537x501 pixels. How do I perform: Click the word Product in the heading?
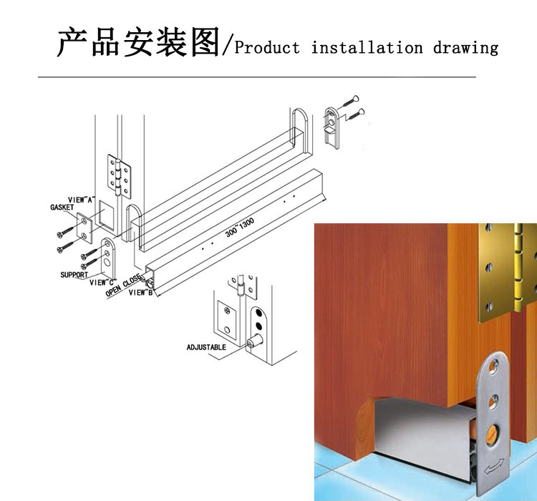(267, 48)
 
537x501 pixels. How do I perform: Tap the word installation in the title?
(367, 48)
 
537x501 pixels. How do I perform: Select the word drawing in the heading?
(465, 48)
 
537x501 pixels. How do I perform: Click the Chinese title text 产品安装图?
(138, 42)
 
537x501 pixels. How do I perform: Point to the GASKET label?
(62, 208)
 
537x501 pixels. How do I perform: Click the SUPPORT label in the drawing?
(74, 274)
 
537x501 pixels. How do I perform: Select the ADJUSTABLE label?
(206, 347)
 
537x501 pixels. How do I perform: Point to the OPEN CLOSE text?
(123, 285)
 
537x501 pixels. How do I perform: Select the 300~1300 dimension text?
(238, 228)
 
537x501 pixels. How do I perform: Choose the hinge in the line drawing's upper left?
(120, 175)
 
